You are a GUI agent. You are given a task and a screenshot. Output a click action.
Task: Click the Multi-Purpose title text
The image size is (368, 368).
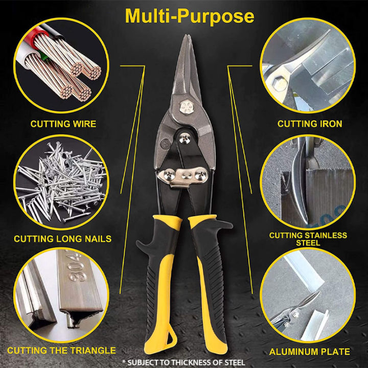[190, 16]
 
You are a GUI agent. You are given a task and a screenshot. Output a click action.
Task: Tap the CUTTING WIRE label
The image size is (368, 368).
[63, 124]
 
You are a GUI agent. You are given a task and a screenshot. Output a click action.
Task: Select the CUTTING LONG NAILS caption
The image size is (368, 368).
[62, 239]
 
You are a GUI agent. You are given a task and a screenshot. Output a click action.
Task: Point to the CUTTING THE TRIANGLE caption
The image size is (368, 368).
[61, 351]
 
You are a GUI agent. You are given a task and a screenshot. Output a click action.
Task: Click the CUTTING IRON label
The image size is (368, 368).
[310, 124]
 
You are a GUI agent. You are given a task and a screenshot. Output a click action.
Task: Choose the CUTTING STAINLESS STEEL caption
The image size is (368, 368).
[308, 239]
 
